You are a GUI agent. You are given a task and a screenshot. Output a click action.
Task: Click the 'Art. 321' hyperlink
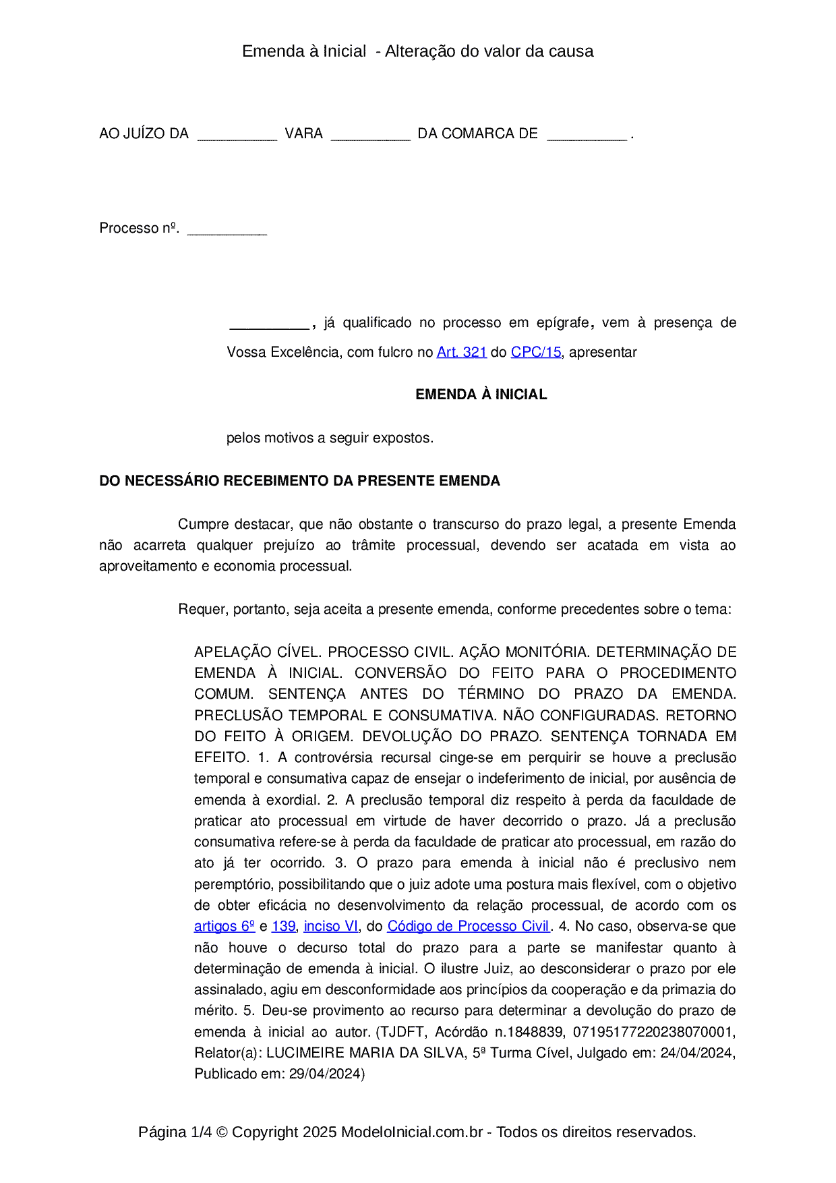point(461,352)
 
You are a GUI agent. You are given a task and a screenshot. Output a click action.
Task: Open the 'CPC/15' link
point(535,352)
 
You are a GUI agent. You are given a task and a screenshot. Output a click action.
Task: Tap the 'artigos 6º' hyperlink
point(225,927)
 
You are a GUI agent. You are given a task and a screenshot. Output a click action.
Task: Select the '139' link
point(283,927)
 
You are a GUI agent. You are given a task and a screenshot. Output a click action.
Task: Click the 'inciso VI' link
point(331,927)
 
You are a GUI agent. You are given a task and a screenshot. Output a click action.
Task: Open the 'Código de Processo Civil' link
point(469,927)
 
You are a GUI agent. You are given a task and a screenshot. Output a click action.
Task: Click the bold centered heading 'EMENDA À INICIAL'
point(481,395)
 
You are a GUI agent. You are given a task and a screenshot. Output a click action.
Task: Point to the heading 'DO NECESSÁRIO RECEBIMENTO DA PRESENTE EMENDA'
point(299,481)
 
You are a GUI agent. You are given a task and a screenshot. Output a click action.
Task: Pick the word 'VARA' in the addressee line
point(303,134)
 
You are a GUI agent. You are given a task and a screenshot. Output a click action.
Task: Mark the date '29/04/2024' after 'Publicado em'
point(326,1074)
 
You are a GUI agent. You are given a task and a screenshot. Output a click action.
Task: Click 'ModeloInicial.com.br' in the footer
point(411,1132)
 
